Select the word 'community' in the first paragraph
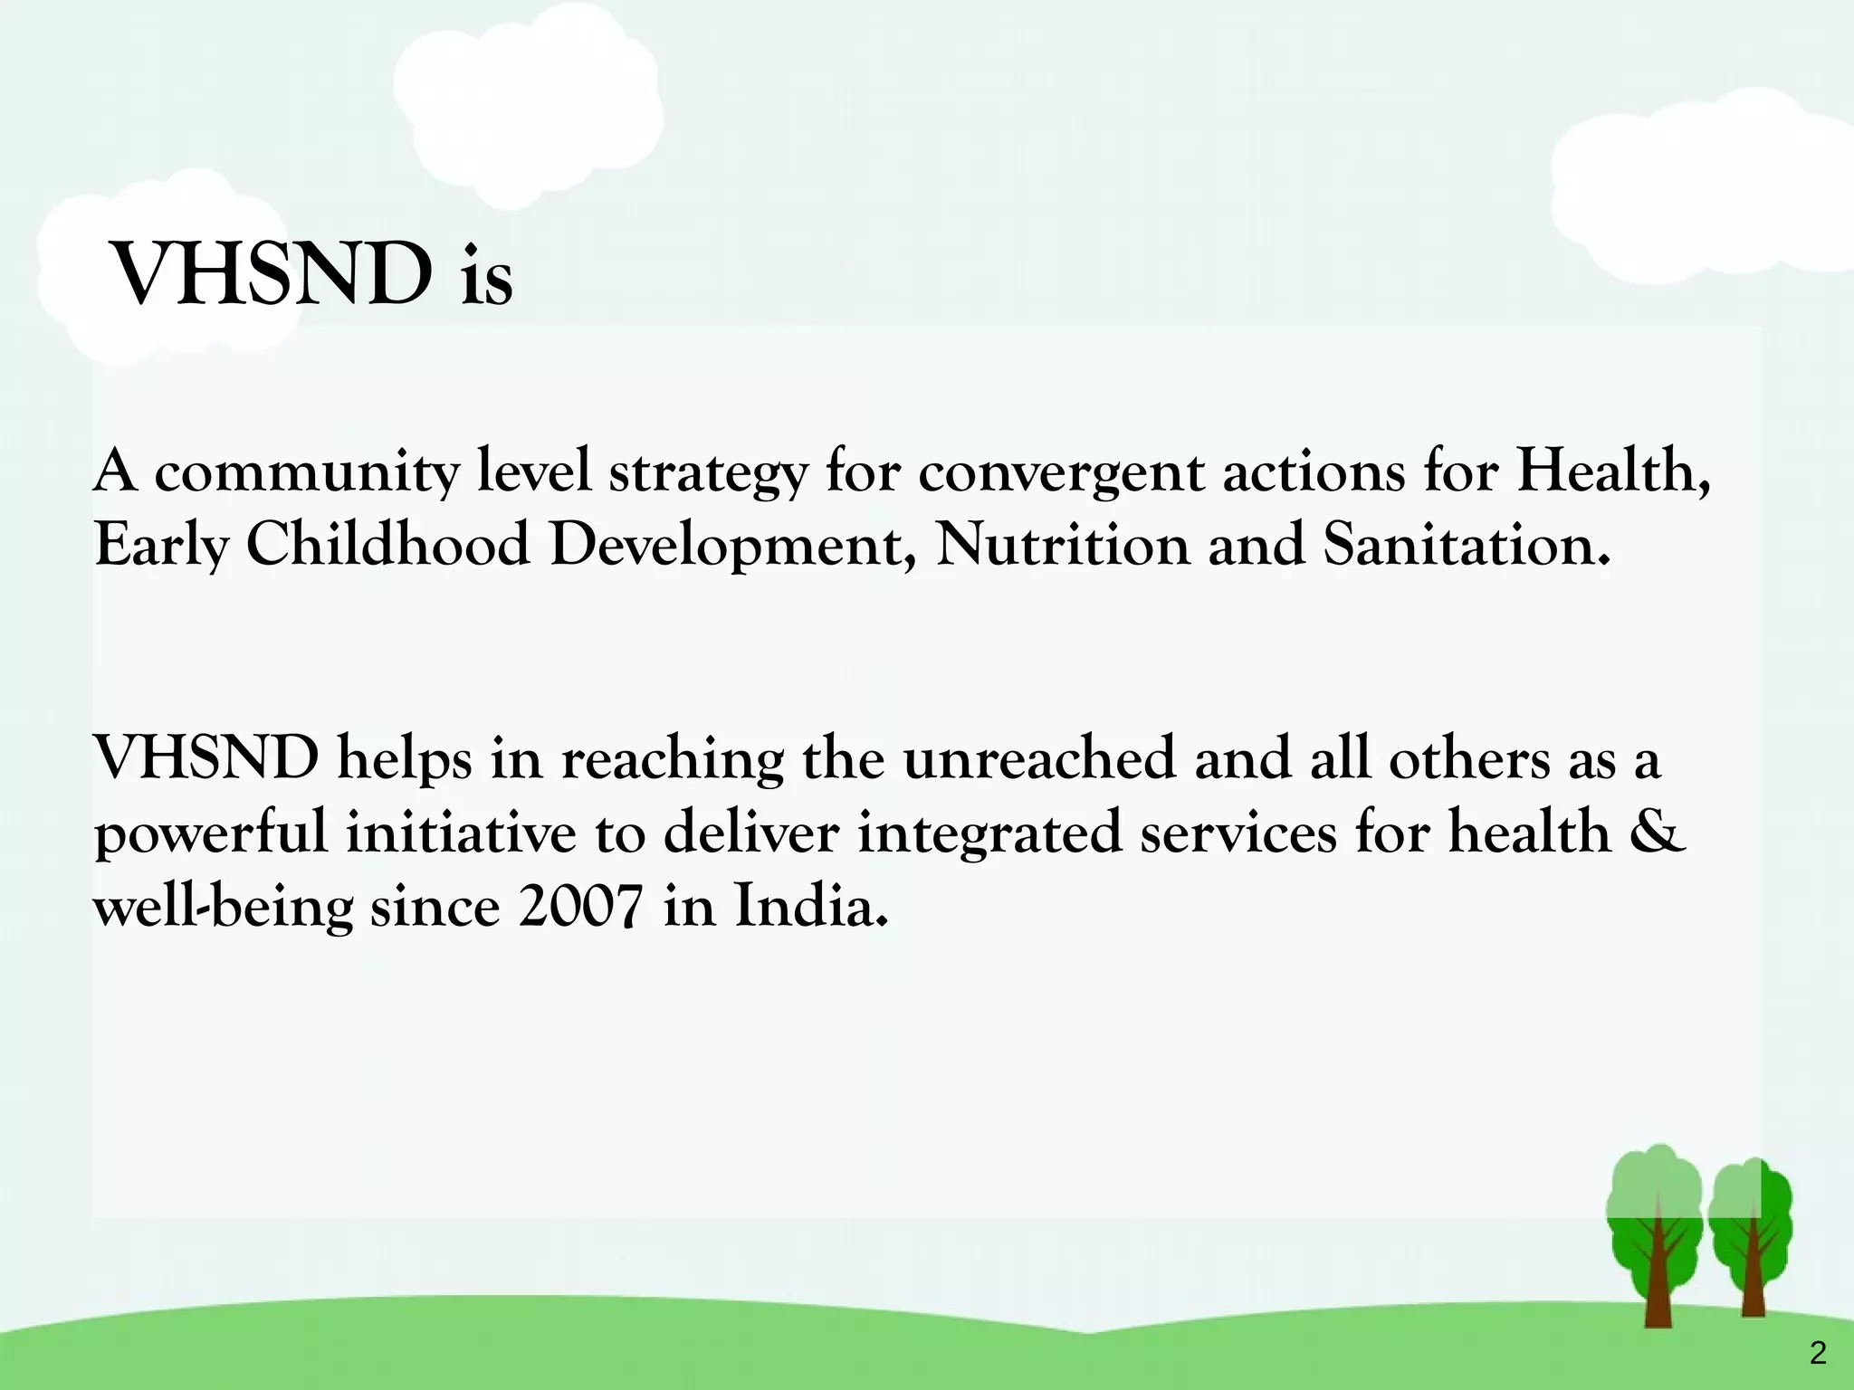(x=307, y=472)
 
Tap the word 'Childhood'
(x=387, y=545)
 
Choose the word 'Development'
(x=731, y=547)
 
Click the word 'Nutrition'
(x=1062, y=545)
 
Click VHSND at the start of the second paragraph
(x=206, y=758)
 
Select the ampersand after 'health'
(x=1660, y=833)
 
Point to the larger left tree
(x=1655, y=1240)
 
